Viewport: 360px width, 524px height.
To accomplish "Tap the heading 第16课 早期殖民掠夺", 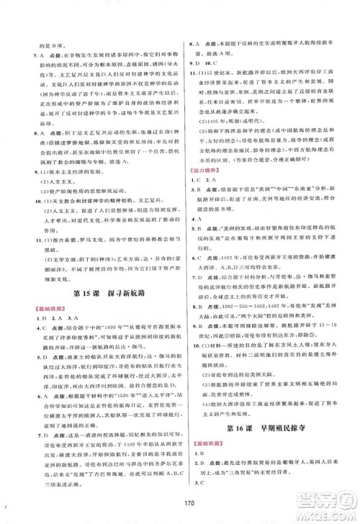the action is point(269,434).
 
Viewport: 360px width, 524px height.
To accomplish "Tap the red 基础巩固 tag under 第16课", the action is point(203,449).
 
